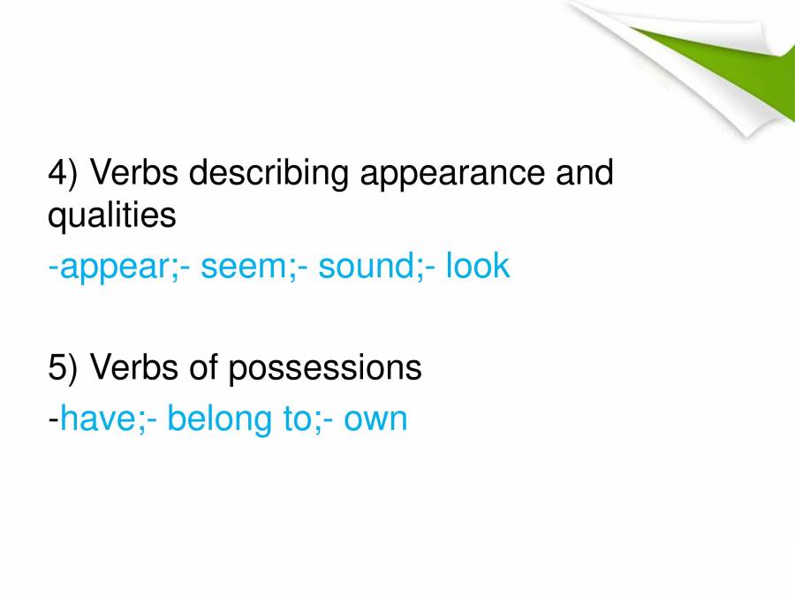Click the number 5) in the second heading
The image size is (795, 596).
click(x=64, y=368)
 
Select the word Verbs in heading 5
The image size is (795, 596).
click(x=132, y=368)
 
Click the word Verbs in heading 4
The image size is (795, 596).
click(x=132, y=173)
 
